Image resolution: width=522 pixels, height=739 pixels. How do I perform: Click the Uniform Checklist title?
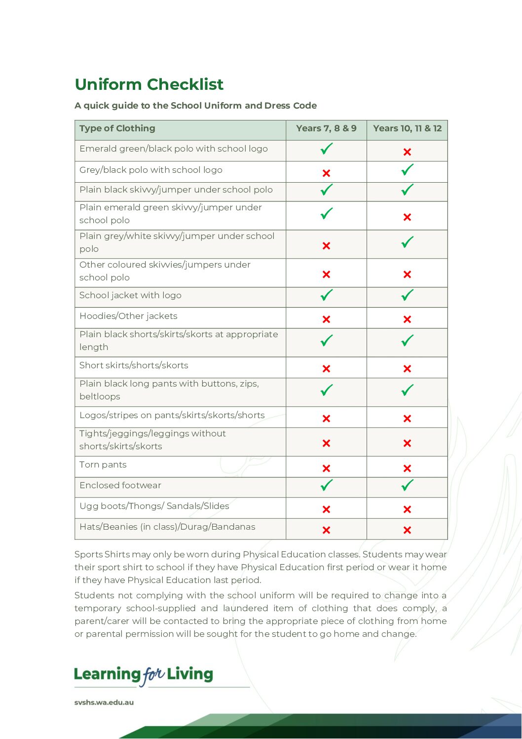tap(149, 84)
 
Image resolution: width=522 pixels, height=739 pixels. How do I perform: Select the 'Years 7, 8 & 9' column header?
tap(326, 128)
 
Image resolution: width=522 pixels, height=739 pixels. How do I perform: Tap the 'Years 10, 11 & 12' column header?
tap(407, 128)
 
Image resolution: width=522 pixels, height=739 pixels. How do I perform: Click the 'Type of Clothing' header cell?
tap(117, 128)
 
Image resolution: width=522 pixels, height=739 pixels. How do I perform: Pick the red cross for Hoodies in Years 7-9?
tap(326, 319)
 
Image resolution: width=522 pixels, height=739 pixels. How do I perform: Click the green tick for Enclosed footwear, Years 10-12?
tap(407, 485)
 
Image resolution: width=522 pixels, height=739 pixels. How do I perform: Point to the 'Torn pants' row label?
tap(103, 465)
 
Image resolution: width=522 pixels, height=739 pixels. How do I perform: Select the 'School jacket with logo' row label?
tap(130, 295)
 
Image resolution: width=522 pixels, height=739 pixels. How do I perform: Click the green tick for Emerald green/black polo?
tap(326, 149)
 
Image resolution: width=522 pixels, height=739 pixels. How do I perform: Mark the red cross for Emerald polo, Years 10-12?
tap(407, 152)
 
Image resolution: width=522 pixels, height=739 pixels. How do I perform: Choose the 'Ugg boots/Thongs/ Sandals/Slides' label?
tap(154, 506)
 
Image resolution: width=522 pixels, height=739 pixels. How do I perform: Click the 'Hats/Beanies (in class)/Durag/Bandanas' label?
tap(167, 527)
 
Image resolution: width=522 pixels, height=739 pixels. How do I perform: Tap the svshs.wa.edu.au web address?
tap(104, 702)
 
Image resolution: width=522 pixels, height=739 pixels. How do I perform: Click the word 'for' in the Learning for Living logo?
tap(153, 675)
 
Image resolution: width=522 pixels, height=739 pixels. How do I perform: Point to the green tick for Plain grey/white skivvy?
tap(407, 242)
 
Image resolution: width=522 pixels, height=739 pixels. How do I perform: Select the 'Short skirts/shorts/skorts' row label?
tap(134, 365)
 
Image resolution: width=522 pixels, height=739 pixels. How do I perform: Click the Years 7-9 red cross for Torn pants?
tap(326, 468)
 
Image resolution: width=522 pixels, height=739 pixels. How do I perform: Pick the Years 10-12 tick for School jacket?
tap(407, 295)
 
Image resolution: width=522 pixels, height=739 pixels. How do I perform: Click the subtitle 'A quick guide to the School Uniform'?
tap(195, 106)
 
